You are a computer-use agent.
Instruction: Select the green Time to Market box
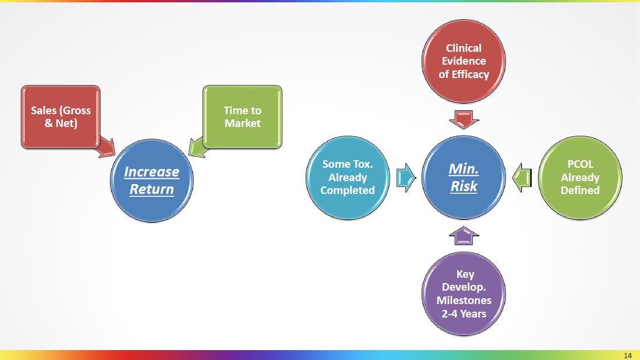[242, 116]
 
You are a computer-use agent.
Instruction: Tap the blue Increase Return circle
[151, 180]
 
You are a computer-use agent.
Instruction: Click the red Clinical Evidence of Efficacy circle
[464, 61]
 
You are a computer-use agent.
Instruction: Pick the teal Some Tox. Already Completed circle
[348, 177]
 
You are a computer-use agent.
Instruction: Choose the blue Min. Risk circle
[464, 177]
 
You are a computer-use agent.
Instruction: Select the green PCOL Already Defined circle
[580, 177]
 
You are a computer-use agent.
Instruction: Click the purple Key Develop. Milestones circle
[464, 294]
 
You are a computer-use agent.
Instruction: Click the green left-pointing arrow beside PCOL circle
[522, 177]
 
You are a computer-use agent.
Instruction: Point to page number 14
[627, 355]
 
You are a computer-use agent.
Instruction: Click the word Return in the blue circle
[151, 189]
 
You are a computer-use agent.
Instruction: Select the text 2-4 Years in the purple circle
[464, 313]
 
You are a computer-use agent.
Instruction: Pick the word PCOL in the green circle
[580, 164]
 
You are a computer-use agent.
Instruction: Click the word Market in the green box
[242, 123]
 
